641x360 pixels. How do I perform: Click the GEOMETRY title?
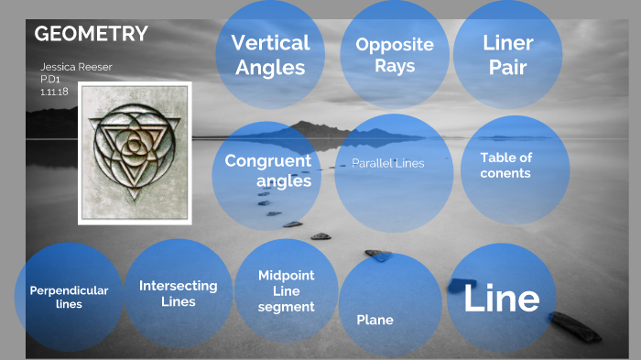tap(91, 34)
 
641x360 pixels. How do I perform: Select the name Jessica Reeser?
tap(75, 67)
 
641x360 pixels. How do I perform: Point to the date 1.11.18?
tap(55, 92)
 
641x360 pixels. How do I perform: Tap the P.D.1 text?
tap(50, 80)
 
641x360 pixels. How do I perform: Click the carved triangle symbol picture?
tap(134, 153)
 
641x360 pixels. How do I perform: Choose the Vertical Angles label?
tap(270, 54)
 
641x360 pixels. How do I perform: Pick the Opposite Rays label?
tap(395, 55)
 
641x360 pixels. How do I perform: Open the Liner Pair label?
tap(507, 54)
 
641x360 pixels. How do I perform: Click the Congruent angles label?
tap(268, 170)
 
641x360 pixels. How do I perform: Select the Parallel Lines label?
tap(387, 163)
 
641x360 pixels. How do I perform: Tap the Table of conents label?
tap(506, 165)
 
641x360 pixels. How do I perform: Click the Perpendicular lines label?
tap(69, 297)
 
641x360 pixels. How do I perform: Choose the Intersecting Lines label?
tap(179, 293)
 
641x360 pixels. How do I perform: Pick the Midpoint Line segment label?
tap(286, 290)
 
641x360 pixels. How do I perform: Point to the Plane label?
tap(375, 320)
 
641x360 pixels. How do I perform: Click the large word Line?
tap(501, 299)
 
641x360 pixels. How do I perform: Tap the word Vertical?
tap(270, 42)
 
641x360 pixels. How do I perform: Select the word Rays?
tap(395, 66)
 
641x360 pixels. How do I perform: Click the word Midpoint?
tap(286, 275)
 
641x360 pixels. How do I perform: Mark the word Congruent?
tap(268, 160)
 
